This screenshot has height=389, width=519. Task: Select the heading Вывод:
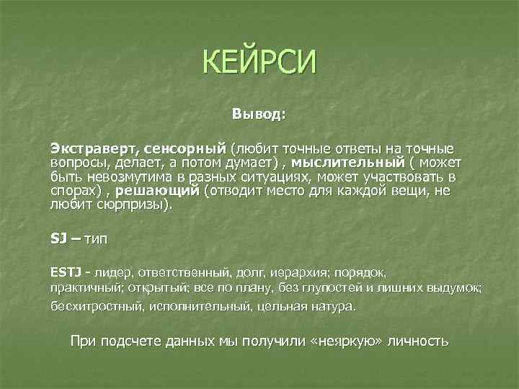[259, 114]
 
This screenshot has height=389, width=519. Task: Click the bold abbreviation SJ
[58, 238]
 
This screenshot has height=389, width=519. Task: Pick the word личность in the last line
[421, 341]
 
